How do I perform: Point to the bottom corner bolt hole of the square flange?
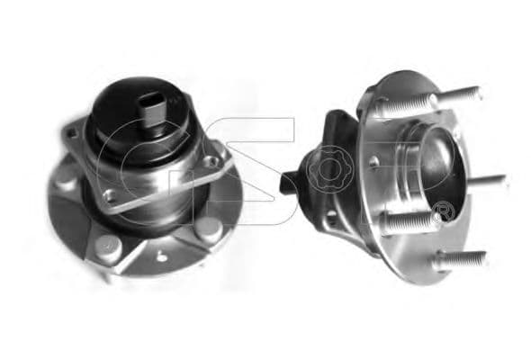point(109,193)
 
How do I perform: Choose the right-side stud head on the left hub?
point(210,227)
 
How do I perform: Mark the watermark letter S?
point(252,171)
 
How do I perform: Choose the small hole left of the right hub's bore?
point(372,162)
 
